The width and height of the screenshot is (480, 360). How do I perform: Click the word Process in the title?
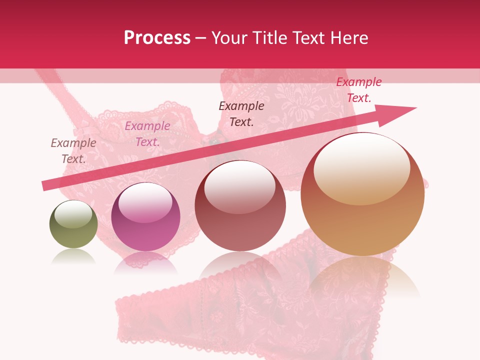tap(157, 38)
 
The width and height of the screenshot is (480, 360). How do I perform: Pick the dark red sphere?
tap(240, 206)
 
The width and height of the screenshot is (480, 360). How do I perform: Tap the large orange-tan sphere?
tap(362, 194)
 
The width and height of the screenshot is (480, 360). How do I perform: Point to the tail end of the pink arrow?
tap(45, 186)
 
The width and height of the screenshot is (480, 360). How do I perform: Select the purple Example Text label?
tap(147, 134)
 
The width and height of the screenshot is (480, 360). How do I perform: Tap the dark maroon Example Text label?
tap(241, 113)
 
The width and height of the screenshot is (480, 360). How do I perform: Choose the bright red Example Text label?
tap(358, 90)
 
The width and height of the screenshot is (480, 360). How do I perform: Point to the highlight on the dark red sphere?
tap(239, 186)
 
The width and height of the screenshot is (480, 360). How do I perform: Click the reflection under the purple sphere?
tap(145, 262)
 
